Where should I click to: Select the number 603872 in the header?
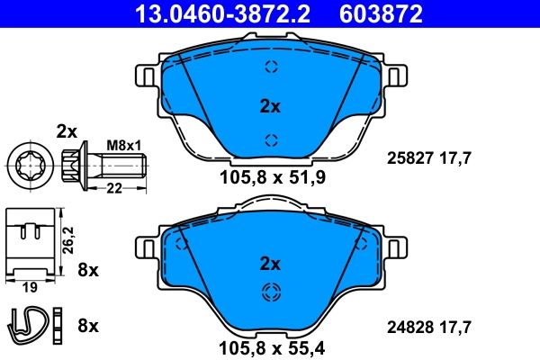(379, 13)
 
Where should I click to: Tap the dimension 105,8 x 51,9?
(270, 177)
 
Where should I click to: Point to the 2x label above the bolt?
(67, 130)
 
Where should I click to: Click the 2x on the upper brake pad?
(270, 106)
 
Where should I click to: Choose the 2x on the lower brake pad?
(270, 264)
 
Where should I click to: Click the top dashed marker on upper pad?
(270, 67)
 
